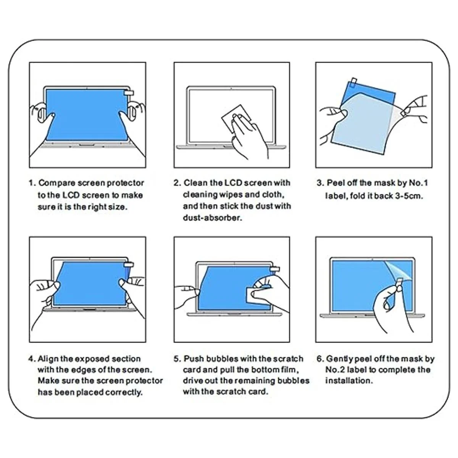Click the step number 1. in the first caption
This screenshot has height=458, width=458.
(32, 183)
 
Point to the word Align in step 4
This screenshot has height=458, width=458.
(48, 359)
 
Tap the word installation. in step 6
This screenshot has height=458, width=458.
(348, 381)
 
